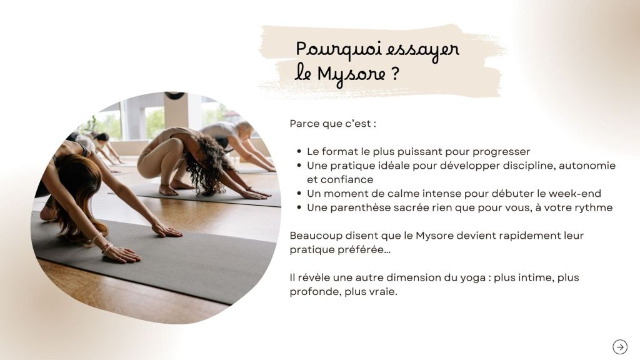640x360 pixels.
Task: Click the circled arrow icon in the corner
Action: pos(620,347)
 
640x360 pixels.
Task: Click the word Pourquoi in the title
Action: pos(338,49)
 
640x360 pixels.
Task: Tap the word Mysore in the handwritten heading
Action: pos(351,75)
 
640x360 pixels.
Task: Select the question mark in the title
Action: pos(395,74)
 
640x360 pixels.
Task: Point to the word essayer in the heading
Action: pos(422,50)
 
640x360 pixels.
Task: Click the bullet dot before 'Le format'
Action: pos(299,152)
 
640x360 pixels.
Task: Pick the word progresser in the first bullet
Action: pos(501,152)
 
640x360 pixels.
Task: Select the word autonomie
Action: pos(587,165)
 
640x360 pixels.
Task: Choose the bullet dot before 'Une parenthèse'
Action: pos(299,207)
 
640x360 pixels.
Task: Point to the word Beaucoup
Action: pos(316,236)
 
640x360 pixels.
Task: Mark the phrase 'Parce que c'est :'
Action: pos(332,124)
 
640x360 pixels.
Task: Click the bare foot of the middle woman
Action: pos(169,190)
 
